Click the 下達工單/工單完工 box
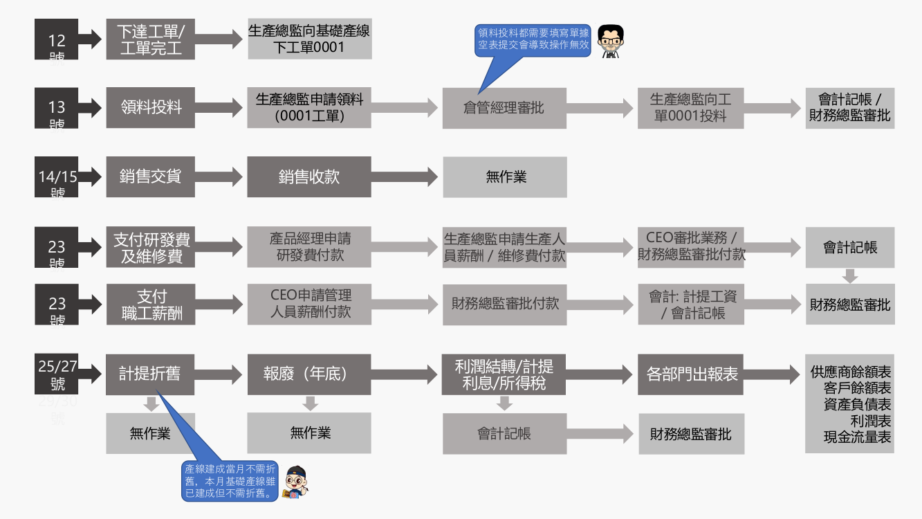pyautogui.click(x=150, y=39)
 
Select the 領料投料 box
pyautogui.click(x=150, y=107)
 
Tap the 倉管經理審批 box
pyautogui.click(x=504, y=108)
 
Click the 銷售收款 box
pyautogui.click(x=309, y=176)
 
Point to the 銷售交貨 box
pyautogui.click(x=150, y=176)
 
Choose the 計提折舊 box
pyautogui.click(x=150, y=374)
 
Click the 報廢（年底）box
pyautogui.click(x=309, y=374)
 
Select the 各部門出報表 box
pyautogui.click(x=690, y=374)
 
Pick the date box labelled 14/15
pyautogui.click(x=57, y=177)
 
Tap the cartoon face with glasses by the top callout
pyautogui.click(x=610, y=41)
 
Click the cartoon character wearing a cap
pyautogui.click(x=297, y=482)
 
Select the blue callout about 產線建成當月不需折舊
pyautogui.click(x=230, y=480)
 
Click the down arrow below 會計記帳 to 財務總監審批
pyautogui.click(x=850, y=275)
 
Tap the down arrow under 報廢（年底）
pyautogui.click(x=310, y=403)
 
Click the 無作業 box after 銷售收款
pyautogui.click(x=504, y=177)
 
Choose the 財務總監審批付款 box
pyautogui.click(x=504, y=304)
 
